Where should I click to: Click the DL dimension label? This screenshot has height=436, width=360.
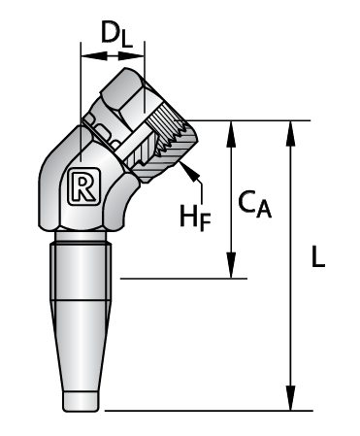pyautogui.click(x=116, y=33)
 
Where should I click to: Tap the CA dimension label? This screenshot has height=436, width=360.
pyautogui.click(x=254, y=204)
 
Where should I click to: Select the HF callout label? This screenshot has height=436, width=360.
pyautogui.click(x=195, y=218)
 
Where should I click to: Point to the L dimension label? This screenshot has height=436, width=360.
pyautogui.click(x=318, y=256)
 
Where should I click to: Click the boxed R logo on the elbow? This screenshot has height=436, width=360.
pyautogui.click(x=82, y=186)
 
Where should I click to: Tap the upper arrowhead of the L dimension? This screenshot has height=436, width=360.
pyautogui.click(x=291, y=133)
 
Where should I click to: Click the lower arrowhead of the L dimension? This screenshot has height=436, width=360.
pyautogui.click(x=291, y=398)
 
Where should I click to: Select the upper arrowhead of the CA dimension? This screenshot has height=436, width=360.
pyautogui.click(x=231, y=133)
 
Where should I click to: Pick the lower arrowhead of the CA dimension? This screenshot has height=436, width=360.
pyautogui.click(x=231, y=265)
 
